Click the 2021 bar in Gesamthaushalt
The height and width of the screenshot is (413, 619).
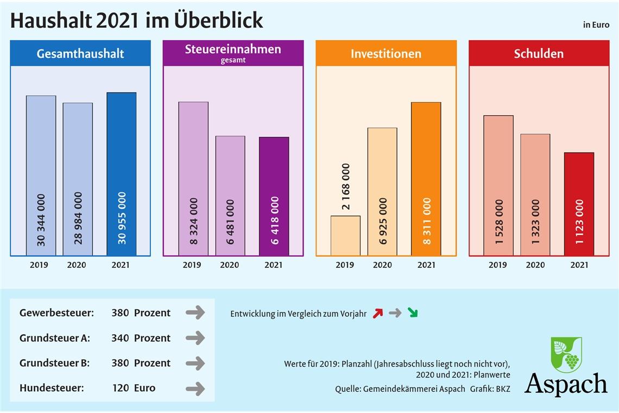coord(122,174)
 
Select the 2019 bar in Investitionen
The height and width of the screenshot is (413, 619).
coord(345,236)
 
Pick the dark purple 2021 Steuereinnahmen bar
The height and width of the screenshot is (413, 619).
coord(274,196)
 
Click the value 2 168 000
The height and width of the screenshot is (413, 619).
coord(346,186)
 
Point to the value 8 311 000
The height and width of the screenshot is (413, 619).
coord(426,221)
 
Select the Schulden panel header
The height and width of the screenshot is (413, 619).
coord(539,54)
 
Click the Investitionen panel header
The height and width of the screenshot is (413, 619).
coord(386,54)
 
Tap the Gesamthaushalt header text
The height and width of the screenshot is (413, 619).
coord(80,54)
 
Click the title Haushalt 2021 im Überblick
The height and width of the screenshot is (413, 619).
coord(137,21)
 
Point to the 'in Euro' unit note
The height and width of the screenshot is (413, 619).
coord(596,24)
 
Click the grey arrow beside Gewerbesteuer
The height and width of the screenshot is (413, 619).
coord(195,312)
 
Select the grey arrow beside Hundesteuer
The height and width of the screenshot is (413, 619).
coord(195,388)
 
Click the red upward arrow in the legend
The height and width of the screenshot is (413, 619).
coord(378,313)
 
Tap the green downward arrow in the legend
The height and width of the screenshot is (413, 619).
coord(413,313)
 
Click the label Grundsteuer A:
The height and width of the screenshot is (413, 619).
coord(55,338)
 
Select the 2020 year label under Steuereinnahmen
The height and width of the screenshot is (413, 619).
coord(229,265)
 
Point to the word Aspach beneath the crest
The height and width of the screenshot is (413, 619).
coord(566,384)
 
